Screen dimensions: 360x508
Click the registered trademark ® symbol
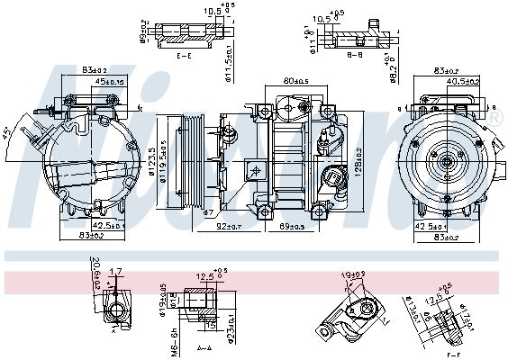[495, 117]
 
